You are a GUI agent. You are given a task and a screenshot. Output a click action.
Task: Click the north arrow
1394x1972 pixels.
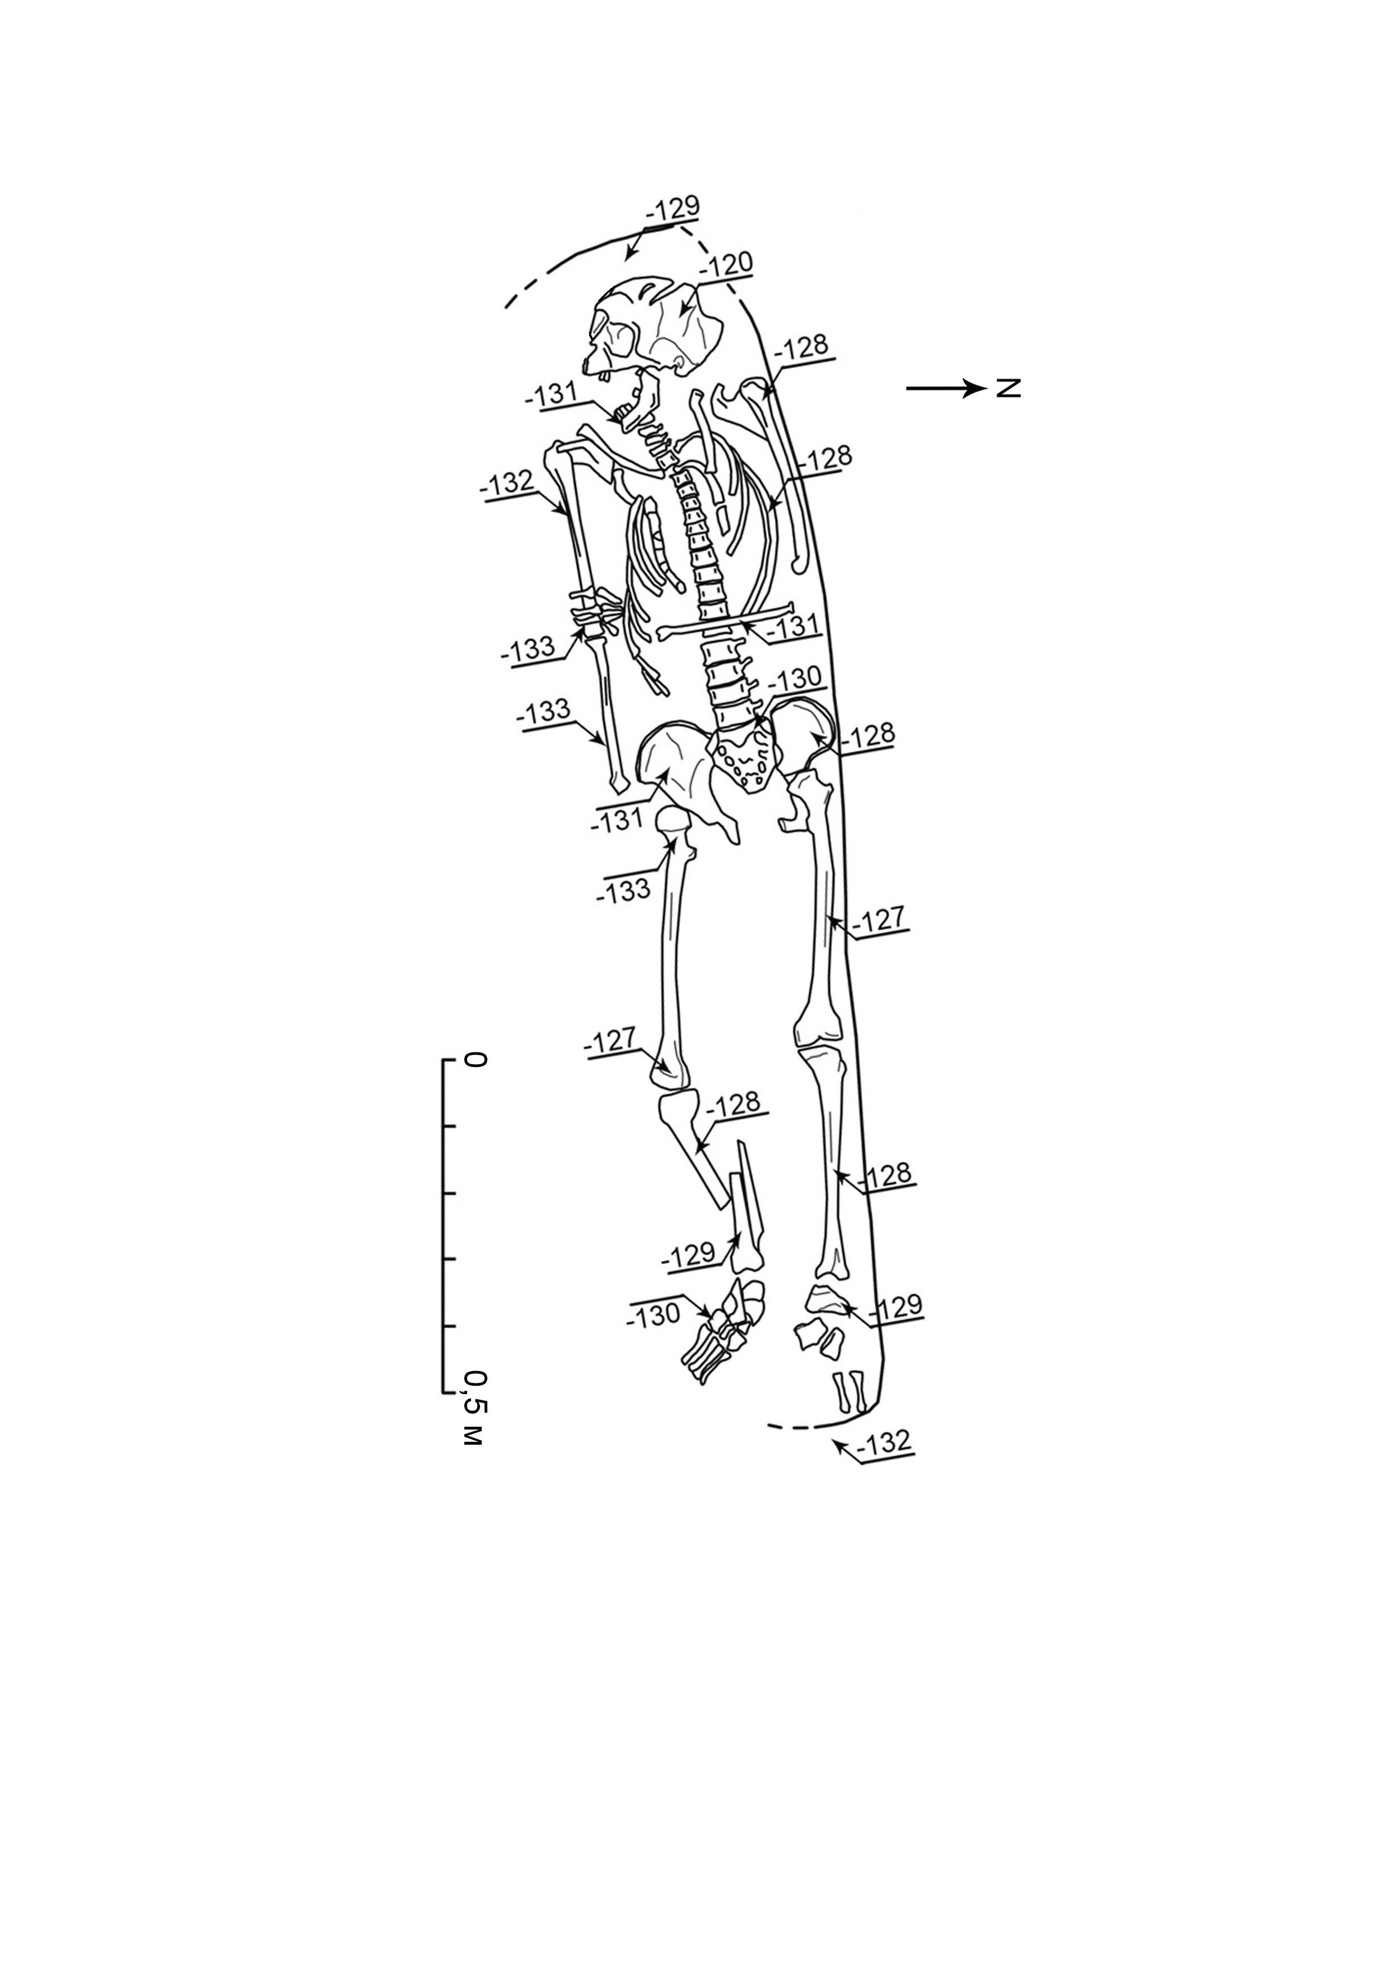click(x=945, y=388)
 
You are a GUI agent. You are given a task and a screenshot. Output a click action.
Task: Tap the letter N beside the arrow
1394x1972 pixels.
click(x=1008, y=388)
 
